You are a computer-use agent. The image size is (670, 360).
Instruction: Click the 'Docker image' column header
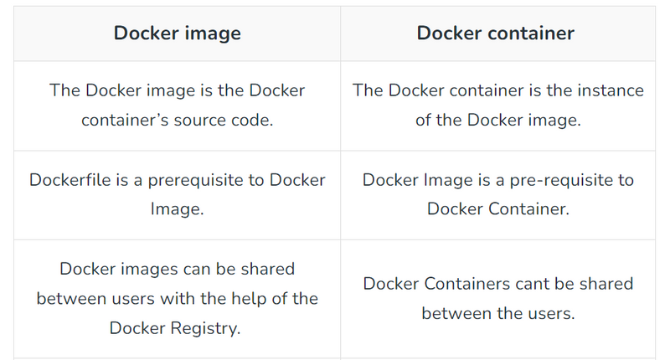(178, 33)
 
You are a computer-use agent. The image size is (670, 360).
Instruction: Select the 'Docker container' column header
(496, 33)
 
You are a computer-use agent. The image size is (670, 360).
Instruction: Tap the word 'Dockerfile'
(70, 180)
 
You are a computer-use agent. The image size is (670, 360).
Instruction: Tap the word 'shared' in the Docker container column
(605, 284)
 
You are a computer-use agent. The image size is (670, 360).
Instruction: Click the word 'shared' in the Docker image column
(266, 269)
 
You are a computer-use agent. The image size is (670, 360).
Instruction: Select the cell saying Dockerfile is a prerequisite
(178, 194)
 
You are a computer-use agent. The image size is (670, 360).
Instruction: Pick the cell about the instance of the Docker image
(498, 105)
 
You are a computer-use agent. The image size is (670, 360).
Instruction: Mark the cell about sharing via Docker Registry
(178, 298)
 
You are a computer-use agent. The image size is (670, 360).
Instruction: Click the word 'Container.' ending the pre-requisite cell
(528, 209)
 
